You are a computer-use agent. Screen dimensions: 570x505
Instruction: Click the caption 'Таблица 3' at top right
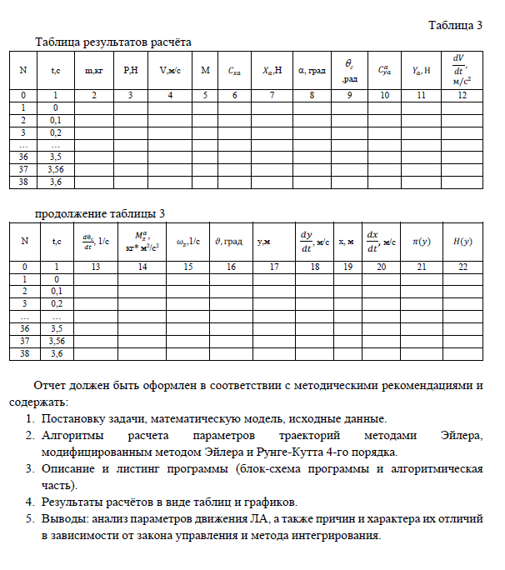pyautogui.click(x=455, y=25)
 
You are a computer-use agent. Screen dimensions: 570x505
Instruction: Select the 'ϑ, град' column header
pyautogui.click(x=228, y=242)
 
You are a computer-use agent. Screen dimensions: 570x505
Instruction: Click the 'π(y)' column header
pyautogui.click(x=420, y=242)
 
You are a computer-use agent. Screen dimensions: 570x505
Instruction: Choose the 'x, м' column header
pyautogui.click(x=346, y=242)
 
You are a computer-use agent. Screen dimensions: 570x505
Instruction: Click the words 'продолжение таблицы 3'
pyautogui.click(x=100, y=214)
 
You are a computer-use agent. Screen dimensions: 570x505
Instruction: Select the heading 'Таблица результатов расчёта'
pyautogui.click(x=116, y=42)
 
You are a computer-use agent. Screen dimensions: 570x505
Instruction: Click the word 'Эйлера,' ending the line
pyautogui.click(x=461, y=436)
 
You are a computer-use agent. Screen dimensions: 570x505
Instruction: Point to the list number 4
pyautogui.click(x=29, y=502)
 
